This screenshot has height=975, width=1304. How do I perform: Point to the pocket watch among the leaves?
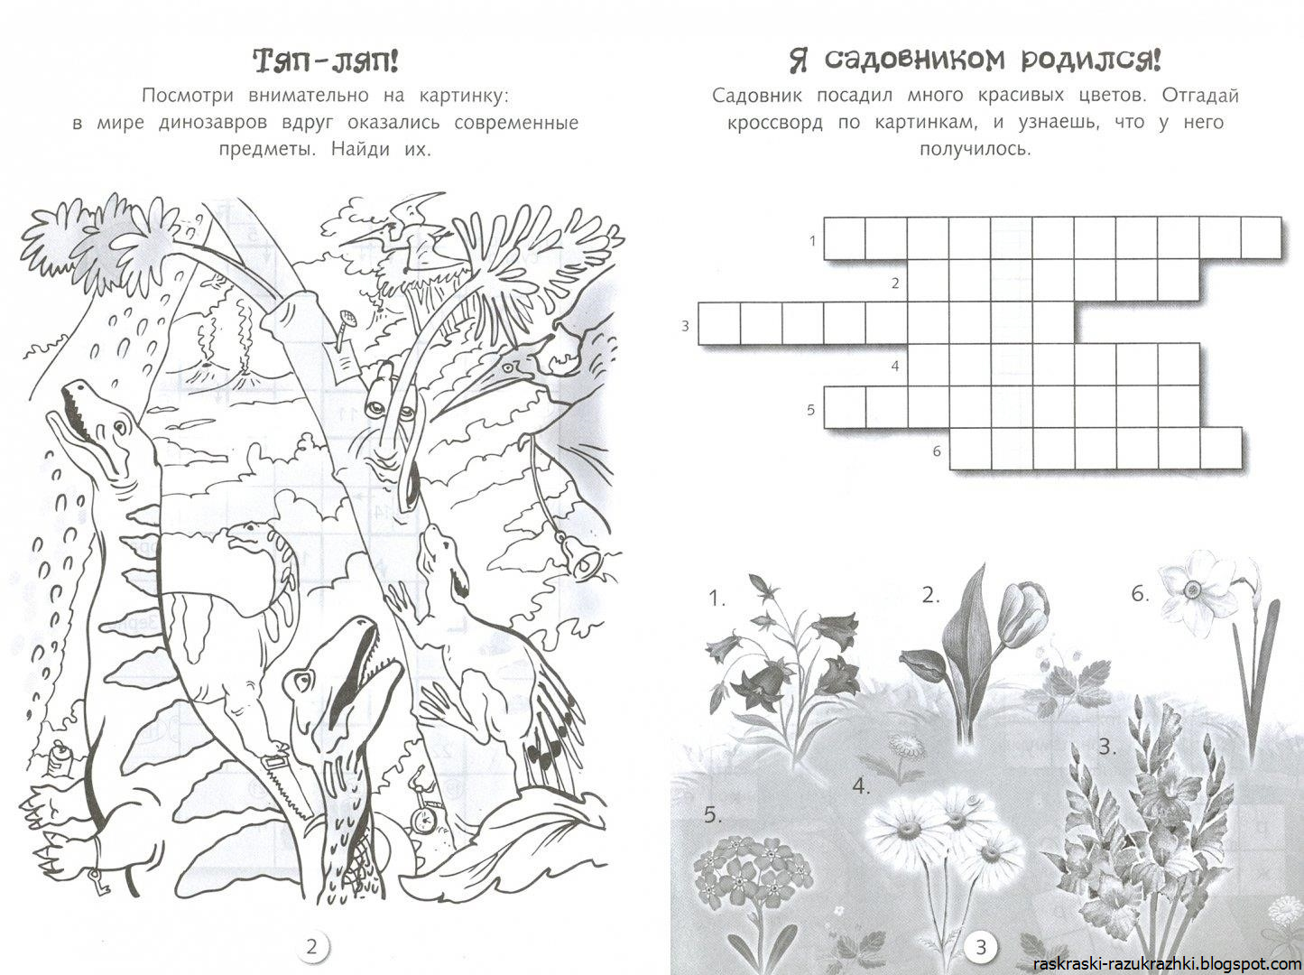[423, 818]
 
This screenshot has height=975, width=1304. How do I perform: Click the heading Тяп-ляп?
[326, 61]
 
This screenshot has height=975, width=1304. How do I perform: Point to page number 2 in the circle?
[312, 946]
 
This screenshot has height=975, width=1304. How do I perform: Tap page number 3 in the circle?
[982, 947]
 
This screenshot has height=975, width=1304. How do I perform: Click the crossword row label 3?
[685, 326]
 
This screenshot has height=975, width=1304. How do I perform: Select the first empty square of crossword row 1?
[844, 237]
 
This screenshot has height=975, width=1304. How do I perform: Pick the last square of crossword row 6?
[1220, 448]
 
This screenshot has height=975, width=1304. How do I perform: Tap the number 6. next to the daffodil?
[1140, 593]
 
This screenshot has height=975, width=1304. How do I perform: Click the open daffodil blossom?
[1191, 590]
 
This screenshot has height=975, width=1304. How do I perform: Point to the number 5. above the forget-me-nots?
[714, 815]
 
